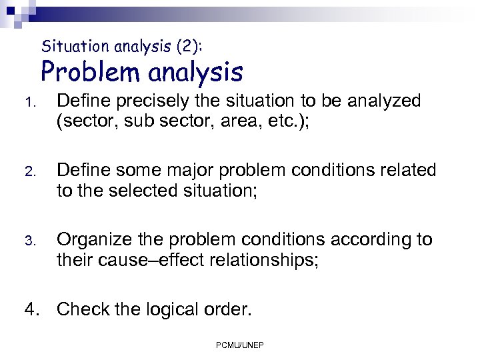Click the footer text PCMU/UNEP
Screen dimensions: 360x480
(240, 345)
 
